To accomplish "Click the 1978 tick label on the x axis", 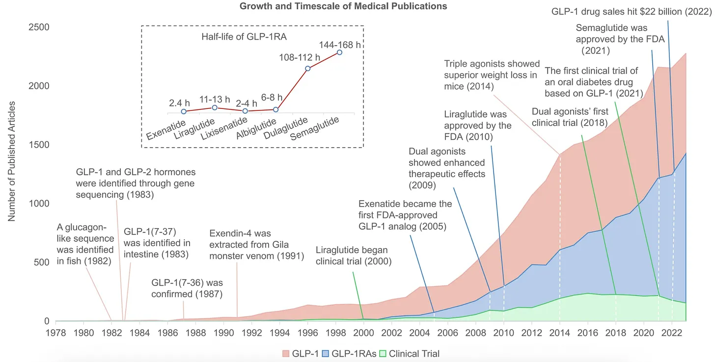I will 55,332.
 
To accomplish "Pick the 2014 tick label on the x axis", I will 559,332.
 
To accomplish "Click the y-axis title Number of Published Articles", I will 12,162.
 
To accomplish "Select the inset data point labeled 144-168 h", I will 339,52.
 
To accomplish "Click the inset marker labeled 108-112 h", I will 308,68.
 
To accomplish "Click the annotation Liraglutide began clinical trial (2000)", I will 354,256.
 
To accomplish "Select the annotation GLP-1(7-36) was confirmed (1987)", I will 187,288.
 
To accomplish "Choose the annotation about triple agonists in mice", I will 490,75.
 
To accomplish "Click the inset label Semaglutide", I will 315,129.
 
